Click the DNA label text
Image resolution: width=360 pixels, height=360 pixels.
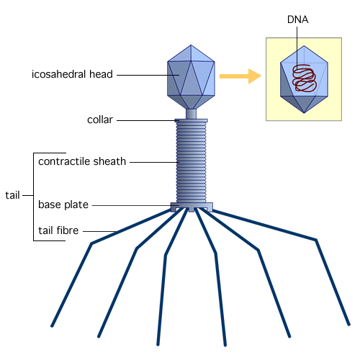pyautogui.click(x=297, y=19)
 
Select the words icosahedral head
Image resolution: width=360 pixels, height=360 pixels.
pyautogui.click(x=72, y=74)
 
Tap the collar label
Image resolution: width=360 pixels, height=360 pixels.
pyautogui.click(x=100, y=120)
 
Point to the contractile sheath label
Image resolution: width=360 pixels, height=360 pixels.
pyautogui.click(x=82, y=161)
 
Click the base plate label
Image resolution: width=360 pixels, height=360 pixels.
pyautogui.click(x=63, y=204)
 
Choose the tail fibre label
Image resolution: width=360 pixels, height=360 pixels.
pyautogui.click(x=58, y=230)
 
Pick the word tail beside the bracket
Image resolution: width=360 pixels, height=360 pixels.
pyautogui.click(x=12, y=195)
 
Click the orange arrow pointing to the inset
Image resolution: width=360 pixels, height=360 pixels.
pyautogui.click(x=240, y=76)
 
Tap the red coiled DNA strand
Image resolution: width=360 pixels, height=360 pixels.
pyautogui.click(x=305, y=78)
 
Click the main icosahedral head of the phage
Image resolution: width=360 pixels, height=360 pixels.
pyautogui.click(x=191, y=77)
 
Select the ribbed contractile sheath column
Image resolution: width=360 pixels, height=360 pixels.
pyautogui.click(x=192, y=161)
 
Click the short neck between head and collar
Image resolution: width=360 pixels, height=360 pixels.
pyautogui.click(x=191, y=114)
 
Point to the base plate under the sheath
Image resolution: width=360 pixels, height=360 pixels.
pyautogui.click(x=192, y=207)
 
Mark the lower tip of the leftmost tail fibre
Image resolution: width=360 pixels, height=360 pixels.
pyautogui.click(x=52, y=326)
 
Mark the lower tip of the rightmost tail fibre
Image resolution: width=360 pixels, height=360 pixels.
pyautogui.click(x=349, y=325)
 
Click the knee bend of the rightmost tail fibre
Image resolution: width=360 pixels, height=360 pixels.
pyautogui.click(x=316, y=240)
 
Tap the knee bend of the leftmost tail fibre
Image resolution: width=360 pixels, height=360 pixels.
pyautogui.click(x=91, y=243)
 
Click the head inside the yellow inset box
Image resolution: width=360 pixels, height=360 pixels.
pyautogui.click(x=304, y=79)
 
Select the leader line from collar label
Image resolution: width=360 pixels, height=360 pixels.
pyautogui.click(x=147, y=120)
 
